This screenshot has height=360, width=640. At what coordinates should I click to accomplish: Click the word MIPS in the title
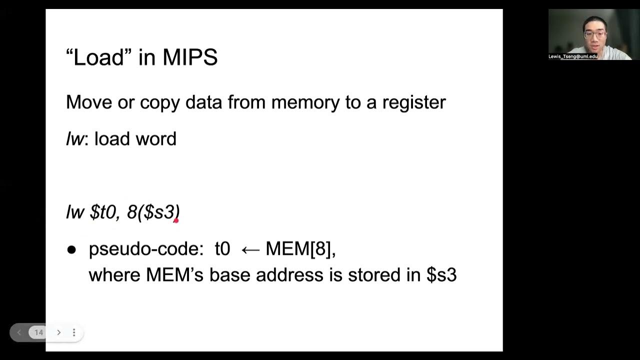[x=190, y=57]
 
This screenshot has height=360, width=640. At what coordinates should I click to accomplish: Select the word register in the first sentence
[x=414, y=102]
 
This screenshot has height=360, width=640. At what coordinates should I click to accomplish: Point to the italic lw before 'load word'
[x=74, y=139]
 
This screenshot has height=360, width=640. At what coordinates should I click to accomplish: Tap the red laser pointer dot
[x=176, y=220]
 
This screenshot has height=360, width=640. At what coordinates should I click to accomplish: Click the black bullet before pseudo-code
[x=71, y=249]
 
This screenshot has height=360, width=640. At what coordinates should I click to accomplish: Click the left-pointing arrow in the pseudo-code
[x=249, y=249]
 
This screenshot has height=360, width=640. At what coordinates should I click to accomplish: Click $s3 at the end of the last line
[x=441, y=275]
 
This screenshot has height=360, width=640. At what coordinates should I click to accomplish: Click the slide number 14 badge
[x=38, y=332]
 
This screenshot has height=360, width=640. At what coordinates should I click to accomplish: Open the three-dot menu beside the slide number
[x=74, y=332]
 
